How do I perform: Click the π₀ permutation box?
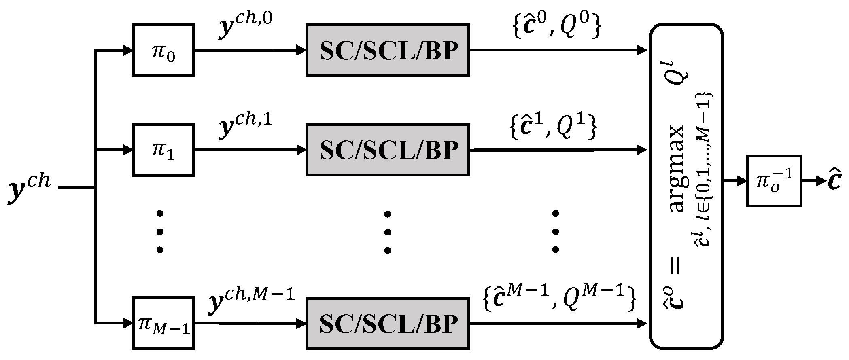tap(163, 50)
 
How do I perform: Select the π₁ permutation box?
tap(163, 150)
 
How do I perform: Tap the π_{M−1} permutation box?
tap(163, 323)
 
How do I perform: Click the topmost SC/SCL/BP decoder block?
tap(388, 50)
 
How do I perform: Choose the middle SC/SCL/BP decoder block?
tap(388, 150)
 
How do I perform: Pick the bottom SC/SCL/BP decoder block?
tap(388, 323)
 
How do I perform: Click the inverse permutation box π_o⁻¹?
tap(774, 181)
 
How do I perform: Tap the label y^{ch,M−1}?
tap(251, 301)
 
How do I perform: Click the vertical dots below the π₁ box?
tap(160, 231)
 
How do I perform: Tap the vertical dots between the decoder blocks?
tap(388, 231)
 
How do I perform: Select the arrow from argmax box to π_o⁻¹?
tap(734, 181)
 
